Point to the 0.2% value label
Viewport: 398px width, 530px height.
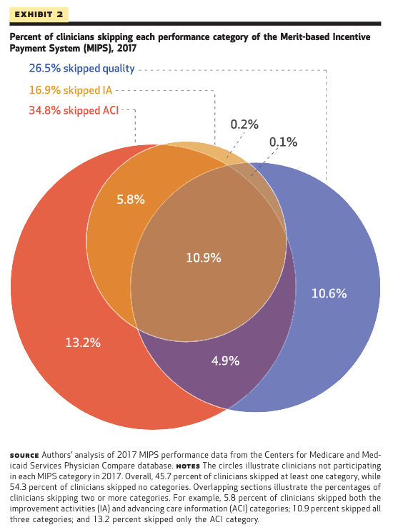pyautogui.click(x=244, y=124)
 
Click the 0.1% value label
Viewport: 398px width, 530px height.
pyautogui.click(x=283, y=142)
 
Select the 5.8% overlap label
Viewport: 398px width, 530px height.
pyautogui.click(x=131, y=200)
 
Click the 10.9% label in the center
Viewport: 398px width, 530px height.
pyautogui.click(x=204, y=257)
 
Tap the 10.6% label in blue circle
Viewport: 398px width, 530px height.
pyautogui.click(x=329, y=293)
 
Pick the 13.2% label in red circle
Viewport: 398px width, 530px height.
pyautogui.click(x=83, y=343)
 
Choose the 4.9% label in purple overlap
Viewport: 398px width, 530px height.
pyautogui.click(x=225, y=360)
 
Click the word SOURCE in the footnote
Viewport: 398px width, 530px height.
pyautogui.click(x=24, y=455)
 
